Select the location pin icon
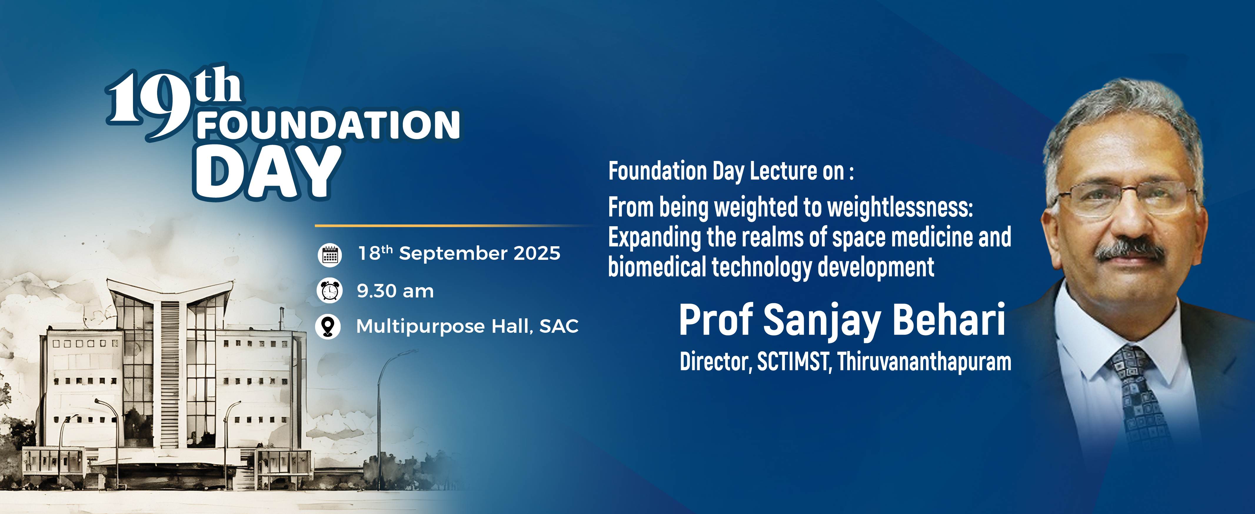point(328,326)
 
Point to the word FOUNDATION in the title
point(329,125)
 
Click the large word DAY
point(267,173)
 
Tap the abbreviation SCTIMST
point(793,362)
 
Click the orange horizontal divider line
point(453,226)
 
